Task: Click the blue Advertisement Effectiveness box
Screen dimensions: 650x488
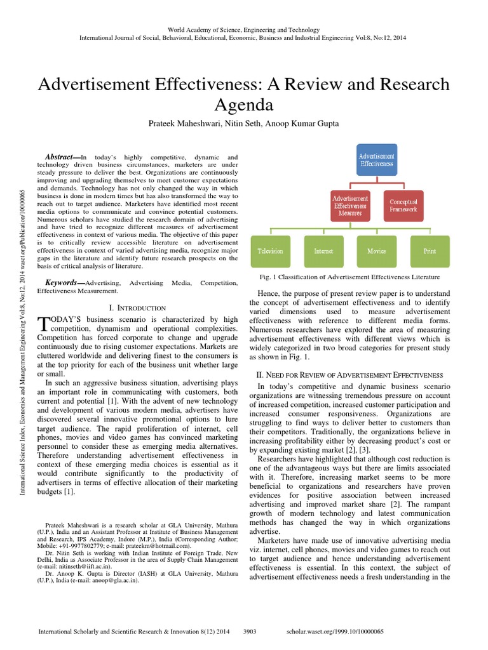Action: (377, 160)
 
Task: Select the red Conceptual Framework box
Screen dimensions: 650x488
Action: (403, 205)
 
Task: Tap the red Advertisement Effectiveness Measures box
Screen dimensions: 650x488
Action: (351, 205)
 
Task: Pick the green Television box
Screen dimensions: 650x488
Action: (271, 251)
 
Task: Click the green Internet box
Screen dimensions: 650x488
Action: (323, 251)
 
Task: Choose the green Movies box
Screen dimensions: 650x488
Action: (376, 251)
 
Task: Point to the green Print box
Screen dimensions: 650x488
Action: (430, 251)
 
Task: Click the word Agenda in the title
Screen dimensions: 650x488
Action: (243, 104)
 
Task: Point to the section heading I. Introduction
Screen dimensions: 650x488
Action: (138, 307)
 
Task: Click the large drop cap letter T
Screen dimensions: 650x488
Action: (43, 324)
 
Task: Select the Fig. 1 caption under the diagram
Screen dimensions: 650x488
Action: (350, 277)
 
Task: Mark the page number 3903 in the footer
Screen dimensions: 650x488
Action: (250, 632)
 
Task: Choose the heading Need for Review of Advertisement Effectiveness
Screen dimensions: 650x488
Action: (349, 376)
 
